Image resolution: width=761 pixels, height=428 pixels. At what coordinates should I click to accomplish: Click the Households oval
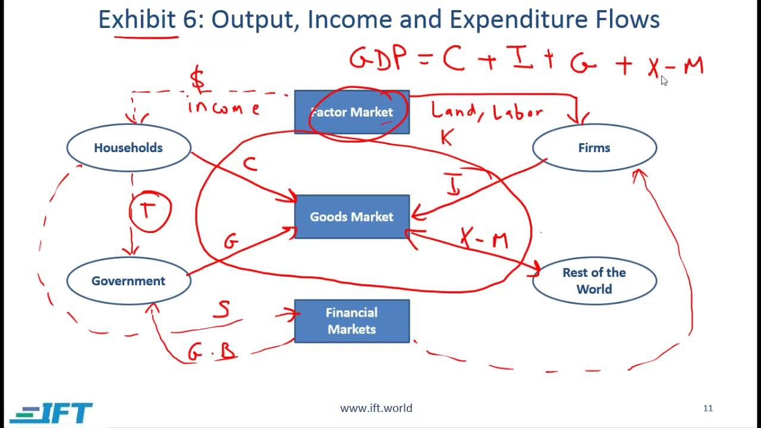(128, 148)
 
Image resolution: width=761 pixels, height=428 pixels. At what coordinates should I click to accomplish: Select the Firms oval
(594, 148)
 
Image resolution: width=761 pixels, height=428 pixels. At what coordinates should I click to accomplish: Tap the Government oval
(128, 281)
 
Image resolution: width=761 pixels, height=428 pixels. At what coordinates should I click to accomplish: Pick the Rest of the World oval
(594, 281)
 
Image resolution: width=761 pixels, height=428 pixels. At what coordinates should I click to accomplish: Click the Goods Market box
(351, 217)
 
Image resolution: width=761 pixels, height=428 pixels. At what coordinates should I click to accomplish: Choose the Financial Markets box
(351, 321)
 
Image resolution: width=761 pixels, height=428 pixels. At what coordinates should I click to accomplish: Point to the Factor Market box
(351, 112)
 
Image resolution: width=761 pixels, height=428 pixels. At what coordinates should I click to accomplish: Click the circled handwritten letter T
(149, 209)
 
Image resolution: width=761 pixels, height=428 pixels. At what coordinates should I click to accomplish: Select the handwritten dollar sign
(198, 80)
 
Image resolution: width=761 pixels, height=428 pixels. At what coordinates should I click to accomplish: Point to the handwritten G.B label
(212, 352)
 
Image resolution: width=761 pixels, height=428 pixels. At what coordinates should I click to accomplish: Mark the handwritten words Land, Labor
(486, 111)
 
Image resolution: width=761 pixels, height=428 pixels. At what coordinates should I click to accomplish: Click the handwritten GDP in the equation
(379, 60)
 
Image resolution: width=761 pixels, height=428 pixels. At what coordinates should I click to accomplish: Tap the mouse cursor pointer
(664, 81)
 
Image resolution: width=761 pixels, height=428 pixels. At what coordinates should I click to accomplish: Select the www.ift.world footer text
(376, 408)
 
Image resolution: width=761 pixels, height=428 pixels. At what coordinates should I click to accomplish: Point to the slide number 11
(707, 408)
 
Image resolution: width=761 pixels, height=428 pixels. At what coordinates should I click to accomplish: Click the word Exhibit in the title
(137, 20)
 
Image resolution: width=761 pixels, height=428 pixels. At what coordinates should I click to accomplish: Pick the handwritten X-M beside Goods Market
(485, 239)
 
